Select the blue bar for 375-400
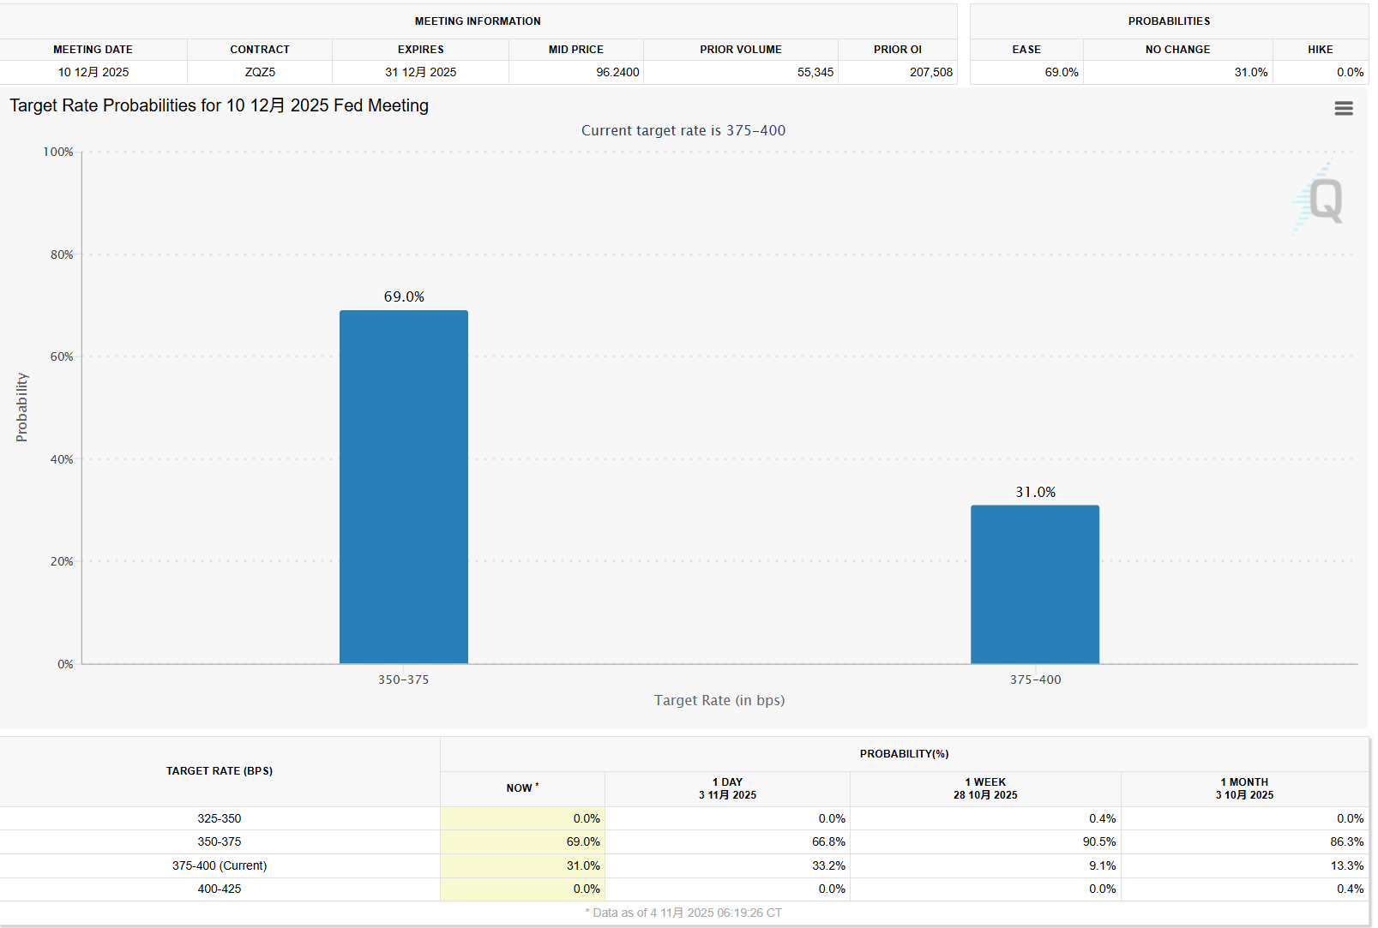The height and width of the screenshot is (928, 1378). point(1035,584)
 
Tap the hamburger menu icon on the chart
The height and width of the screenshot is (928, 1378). point(1344,109)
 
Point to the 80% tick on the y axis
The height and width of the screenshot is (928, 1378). point(62,254)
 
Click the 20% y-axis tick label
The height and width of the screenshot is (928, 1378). point(62,561)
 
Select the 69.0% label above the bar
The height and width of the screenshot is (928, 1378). point(404,296)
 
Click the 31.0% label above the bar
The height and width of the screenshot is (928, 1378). point(1035,492)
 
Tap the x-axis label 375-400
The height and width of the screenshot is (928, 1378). point(1035,680)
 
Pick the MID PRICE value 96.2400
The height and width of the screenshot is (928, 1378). point(617,72)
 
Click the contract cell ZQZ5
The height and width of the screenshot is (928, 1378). point(260,72)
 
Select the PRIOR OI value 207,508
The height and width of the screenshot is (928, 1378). point(930,72)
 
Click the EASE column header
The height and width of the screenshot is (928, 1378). point(1026,50)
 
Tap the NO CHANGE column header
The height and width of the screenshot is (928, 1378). point(1177,50)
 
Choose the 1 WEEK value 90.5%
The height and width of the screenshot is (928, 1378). point(1098,841)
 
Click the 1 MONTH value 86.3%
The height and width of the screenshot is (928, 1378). point(1346,841)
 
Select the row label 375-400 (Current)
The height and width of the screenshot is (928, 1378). point(220,865)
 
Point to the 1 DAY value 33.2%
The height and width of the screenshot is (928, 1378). point(828,865)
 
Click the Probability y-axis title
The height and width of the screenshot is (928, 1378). point(22,407)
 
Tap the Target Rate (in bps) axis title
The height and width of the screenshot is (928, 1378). point(719,700)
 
